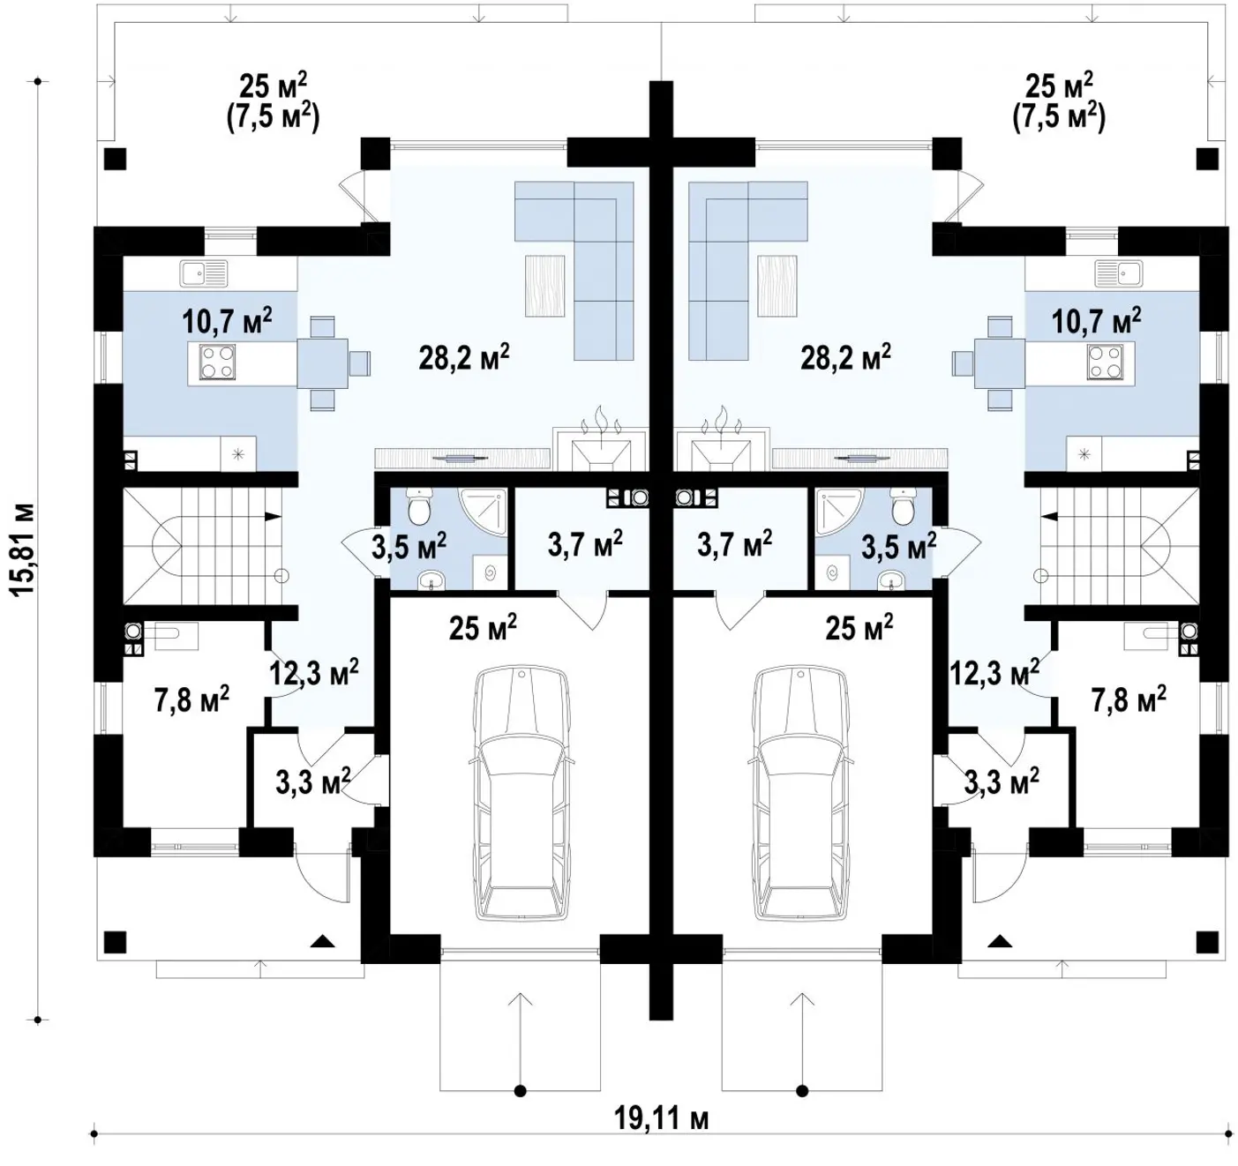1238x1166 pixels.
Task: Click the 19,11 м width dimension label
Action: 662,1119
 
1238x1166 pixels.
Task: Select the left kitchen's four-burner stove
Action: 217,363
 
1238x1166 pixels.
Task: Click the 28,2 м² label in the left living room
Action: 464,357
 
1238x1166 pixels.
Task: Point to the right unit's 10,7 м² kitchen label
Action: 1096,320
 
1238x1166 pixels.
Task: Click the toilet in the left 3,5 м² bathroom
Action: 418,506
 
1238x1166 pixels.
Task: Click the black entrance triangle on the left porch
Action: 323,941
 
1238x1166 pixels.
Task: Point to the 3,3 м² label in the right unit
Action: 1002,781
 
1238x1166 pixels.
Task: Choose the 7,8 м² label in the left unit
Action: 192,699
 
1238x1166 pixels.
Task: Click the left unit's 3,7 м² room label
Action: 585,543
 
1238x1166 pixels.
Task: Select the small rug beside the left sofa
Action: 544,286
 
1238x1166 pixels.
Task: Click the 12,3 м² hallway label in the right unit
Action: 994,673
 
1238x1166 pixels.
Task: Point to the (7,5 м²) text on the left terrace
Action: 273,117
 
